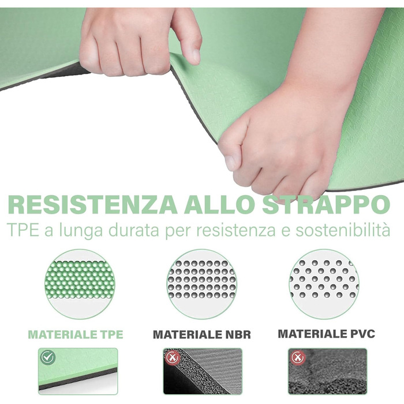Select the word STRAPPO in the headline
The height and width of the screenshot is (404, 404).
(326, 204)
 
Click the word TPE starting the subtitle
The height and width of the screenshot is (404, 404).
(23, 230)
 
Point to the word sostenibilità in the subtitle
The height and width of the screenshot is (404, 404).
(343, 230)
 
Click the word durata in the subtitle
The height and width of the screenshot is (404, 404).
(133, 230)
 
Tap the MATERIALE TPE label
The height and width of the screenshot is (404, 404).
(76, 334)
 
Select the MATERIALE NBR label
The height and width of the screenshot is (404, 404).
(202, 334)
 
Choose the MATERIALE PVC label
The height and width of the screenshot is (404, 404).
(326, 334)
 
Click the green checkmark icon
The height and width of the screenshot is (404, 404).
(48, 357)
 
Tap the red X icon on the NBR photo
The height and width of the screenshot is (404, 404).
(173, 357)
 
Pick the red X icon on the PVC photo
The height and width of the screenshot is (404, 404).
(298, 357)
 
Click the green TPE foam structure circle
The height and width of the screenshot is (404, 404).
(80, 284)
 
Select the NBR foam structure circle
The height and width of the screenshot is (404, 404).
(202, 284)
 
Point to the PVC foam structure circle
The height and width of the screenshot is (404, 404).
(324, 284)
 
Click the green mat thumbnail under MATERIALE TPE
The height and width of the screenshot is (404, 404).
(78, 371)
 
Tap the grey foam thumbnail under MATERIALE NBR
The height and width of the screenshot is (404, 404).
(203, 371)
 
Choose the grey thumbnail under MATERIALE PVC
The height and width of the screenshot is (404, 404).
(327, 371)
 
